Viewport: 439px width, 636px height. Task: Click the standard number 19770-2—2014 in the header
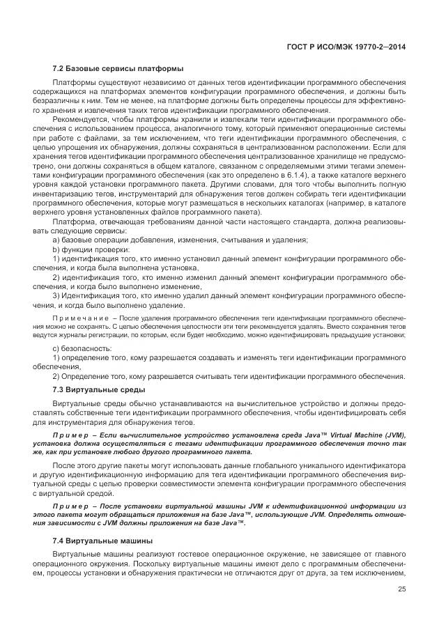(x=383, y=47)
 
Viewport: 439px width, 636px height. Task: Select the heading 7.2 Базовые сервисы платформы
(x=118, y=68)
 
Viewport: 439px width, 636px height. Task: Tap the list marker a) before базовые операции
(x=56, y=240)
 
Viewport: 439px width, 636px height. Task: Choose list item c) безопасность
(x=82, y=347)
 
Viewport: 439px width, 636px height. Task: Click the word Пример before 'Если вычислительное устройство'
(x=70, y=435)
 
